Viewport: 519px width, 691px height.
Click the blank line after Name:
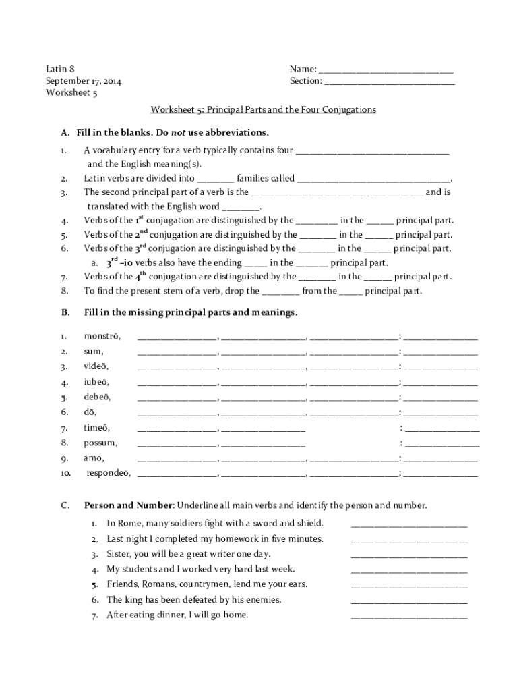point(386,70)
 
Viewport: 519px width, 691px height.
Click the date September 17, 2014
point(84,82)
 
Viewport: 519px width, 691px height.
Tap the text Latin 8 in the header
point(60,69)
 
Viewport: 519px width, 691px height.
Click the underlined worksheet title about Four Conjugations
point(264,109)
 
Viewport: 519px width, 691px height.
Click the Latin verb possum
point(100,443)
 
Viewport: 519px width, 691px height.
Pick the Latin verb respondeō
point(109,473)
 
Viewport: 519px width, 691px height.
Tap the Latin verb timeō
point(96,428)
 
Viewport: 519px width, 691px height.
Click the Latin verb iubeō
point(96,381)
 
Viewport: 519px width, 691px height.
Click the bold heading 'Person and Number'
point(128,505)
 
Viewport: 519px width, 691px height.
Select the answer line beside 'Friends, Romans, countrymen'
point(408,586)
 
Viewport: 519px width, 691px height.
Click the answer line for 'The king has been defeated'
point(408,601)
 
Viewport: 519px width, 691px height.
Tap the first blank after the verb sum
point(177,353)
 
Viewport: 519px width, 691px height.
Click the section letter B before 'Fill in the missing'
point(65,313)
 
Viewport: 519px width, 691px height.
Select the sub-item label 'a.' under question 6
point(95,262)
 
